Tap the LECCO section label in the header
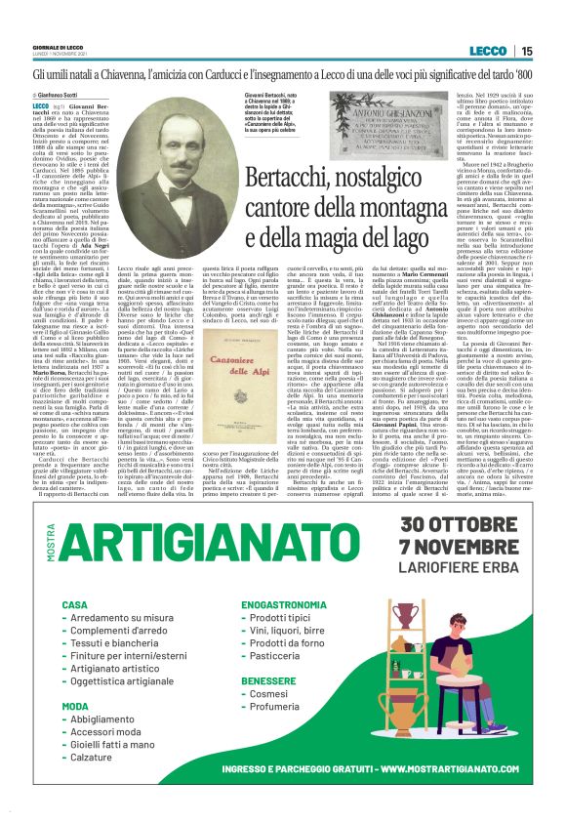coord(488,51)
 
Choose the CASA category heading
coord(74,605)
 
